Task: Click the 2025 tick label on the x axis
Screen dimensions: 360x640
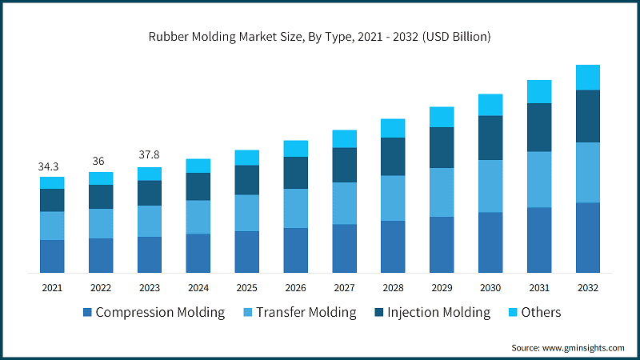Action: pyautogui.click(x=246, y=287)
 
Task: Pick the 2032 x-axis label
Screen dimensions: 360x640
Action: pyautogui.click(x=587, y=287)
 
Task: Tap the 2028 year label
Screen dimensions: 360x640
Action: pyautogui.click(x=392, y=287)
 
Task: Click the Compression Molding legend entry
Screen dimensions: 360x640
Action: pyautogui.click(x=153, y=312)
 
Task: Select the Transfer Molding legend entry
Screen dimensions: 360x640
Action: pyautogui.click(x=297, y=312)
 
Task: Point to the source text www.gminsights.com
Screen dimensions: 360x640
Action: pyautogui.click(x=568, y=348)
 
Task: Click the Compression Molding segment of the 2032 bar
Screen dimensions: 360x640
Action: pyautogui.click(x=587, y=238)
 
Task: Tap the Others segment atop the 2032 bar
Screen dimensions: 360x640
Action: pyautogui.click(x=587, y=78)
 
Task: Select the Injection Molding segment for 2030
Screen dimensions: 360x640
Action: pyautogui.click(x=490, y=138)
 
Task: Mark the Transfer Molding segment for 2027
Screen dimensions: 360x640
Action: pyautogui.click(x=344, y=203)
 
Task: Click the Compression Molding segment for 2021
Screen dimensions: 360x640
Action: pyautogui.click(x=52, y=256)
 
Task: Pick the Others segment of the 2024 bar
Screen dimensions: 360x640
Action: pyautogui.click(x=198, y=166)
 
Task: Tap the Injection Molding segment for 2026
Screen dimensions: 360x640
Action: pyautogui.click(x=295, y=173)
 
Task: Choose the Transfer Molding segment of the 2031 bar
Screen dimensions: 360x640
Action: pyautogui.click(x=538, y=179)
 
